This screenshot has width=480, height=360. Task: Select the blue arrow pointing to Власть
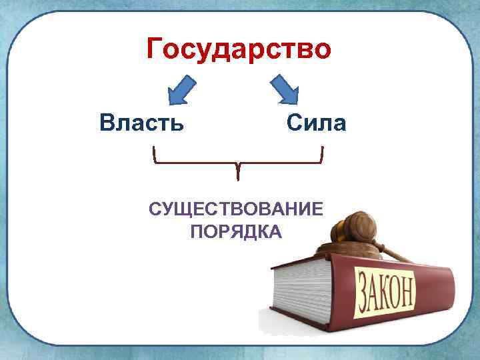coord(181,90)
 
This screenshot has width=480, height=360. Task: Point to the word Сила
coord(316,123)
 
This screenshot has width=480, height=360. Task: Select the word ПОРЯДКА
coord(236,232)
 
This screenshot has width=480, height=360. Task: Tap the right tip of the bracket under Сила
coord(323,150)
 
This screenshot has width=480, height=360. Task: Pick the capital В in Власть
coord(107,123)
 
